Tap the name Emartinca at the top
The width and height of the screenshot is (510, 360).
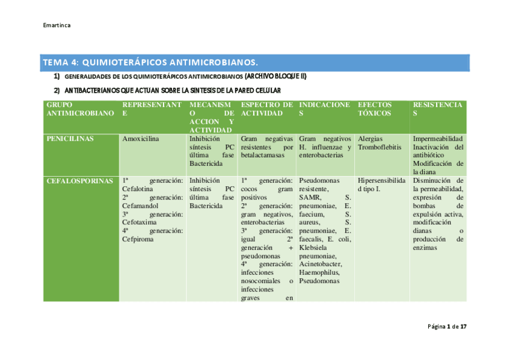pos(57,26)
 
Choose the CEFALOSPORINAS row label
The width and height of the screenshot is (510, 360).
pos(79,180)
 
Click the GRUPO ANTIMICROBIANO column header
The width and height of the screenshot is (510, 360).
pos(79,109)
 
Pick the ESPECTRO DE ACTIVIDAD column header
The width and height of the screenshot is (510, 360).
pos(266,109)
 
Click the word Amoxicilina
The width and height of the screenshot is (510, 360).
pos(140,139)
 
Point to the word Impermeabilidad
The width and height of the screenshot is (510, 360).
pos(438,139)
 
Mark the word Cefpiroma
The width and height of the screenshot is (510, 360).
pos(138,239)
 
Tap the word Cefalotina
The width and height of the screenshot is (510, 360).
pos(137,189)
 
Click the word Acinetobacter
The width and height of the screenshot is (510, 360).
pos(320,264)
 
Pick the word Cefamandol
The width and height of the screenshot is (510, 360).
pos(140,206)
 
